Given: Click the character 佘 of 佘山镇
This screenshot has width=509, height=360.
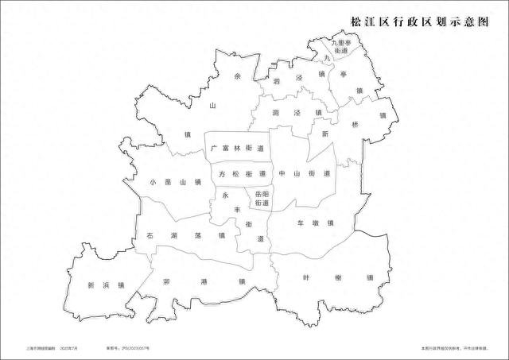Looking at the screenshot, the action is click(238, 77).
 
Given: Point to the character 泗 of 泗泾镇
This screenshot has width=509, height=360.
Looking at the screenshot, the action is click(276, 81).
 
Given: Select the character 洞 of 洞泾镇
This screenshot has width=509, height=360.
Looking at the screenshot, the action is click(274, 113).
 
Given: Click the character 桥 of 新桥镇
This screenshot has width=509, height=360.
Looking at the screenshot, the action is click(355, 126).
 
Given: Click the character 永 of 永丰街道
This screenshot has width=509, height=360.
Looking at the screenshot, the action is click(225, 195).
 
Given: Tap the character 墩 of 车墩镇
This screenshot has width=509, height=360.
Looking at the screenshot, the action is click(314, 223).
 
